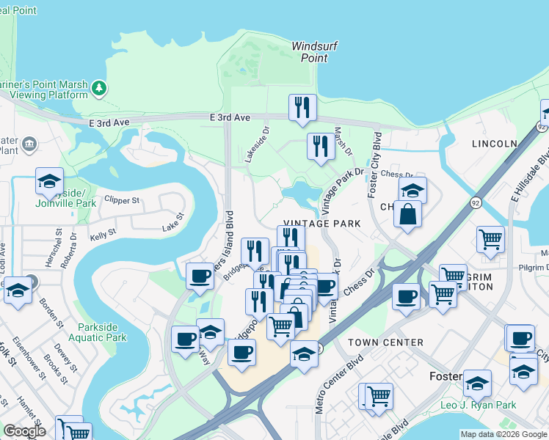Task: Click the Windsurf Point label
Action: click(x=314, y=51)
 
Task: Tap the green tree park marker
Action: click(x=99, y=89)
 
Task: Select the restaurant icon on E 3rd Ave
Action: click(x=302, y=109)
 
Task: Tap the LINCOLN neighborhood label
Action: click(x=495, y=143)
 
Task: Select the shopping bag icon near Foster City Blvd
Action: click(x=407, y=214)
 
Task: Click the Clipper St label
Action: click(x=122, y=199)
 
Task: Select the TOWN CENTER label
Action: click(x=385, y=342)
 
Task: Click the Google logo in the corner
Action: click(x=24, y=431)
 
